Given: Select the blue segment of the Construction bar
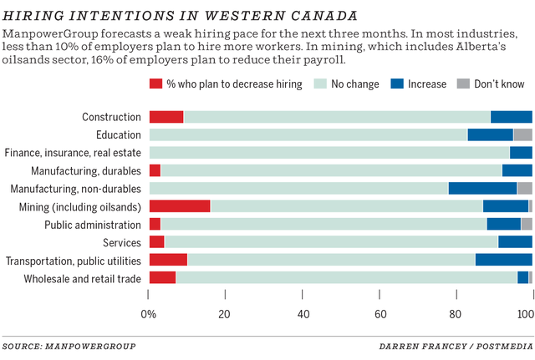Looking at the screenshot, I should (x=511, y=117).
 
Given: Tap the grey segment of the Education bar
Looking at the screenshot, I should (x=522, y=134).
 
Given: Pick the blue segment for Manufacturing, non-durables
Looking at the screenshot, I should (x=482, y=188).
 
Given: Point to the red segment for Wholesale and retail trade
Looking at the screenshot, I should (x=162, y=277).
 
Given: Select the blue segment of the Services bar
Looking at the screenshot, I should (x=515, y=242).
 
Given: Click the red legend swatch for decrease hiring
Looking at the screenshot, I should (x=155, y=84).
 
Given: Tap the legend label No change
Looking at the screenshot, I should (x=354, y=84).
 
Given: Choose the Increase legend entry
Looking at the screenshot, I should (x=427, y=84).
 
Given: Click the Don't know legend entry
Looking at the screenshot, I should (x=498, y=84).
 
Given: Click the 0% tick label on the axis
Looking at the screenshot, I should (x=149, y=315).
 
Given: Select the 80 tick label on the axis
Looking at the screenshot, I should (x=456, y=315).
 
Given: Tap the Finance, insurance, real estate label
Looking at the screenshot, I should (x=73, y=153).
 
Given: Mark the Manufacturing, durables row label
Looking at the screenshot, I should (x=87, y=170).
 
